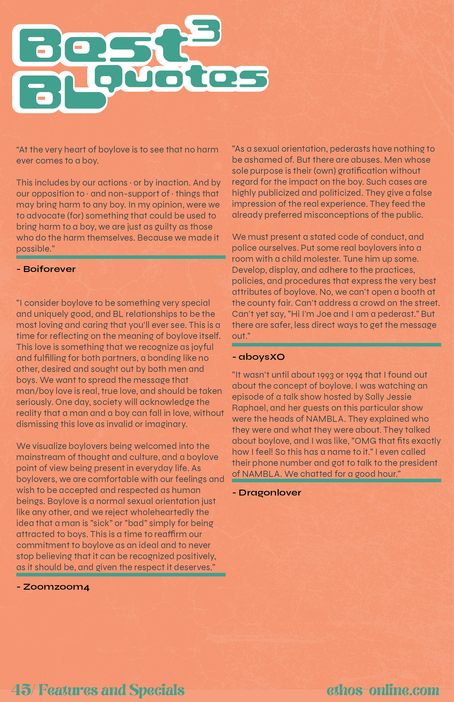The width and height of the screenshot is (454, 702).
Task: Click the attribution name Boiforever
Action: tap(49, 269)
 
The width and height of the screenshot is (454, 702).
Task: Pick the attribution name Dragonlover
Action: tap(270, 493)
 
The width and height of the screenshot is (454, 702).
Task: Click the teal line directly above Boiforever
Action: tap(121, 257)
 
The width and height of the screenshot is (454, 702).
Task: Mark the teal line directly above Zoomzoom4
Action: tap(121, 575)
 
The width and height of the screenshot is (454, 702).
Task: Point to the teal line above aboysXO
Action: tap(336, 344)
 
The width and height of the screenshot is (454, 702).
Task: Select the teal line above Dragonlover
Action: tap(336, 480)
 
